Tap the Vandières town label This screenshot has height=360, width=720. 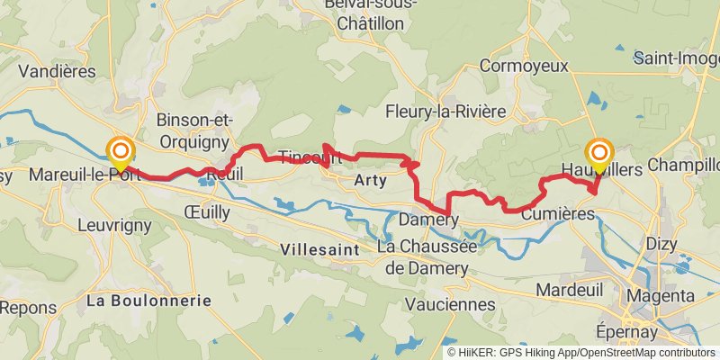coord(57,70)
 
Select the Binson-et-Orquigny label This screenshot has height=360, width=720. coord(194,130)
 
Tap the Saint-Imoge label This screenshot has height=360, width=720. coord(677,58)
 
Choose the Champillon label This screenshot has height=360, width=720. coord(683,166)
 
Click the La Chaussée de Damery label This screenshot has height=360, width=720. coord(422,257)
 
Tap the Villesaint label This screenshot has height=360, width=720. coord(319,248)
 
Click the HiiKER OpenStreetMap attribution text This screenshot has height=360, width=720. coord(581,353)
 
